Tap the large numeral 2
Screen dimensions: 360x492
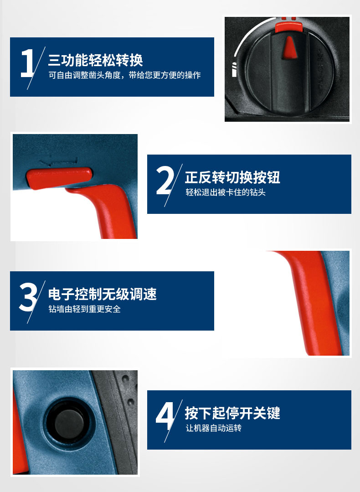click(165, 181)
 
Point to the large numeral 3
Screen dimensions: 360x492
click(28, 297)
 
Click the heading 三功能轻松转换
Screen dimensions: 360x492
click(95, 60)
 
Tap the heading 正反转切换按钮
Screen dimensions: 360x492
click(232, 177)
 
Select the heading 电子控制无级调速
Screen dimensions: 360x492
click(102, 294)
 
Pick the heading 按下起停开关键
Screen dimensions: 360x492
click(232, 413)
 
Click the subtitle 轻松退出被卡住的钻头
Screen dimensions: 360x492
click(226, 192)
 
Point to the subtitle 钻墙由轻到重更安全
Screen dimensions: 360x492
click(84, 309)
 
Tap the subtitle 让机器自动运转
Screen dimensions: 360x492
click(214, 428)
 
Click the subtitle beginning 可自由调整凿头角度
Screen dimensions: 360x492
click(124, 75)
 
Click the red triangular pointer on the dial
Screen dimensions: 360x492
click(288, 47)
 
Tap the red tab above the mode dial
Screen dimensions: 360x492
click(289, 26)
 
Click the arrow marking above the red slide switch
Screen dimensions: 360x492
click(59, 161)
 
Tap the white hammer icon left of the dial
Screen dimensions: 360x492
click(234, 70)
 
